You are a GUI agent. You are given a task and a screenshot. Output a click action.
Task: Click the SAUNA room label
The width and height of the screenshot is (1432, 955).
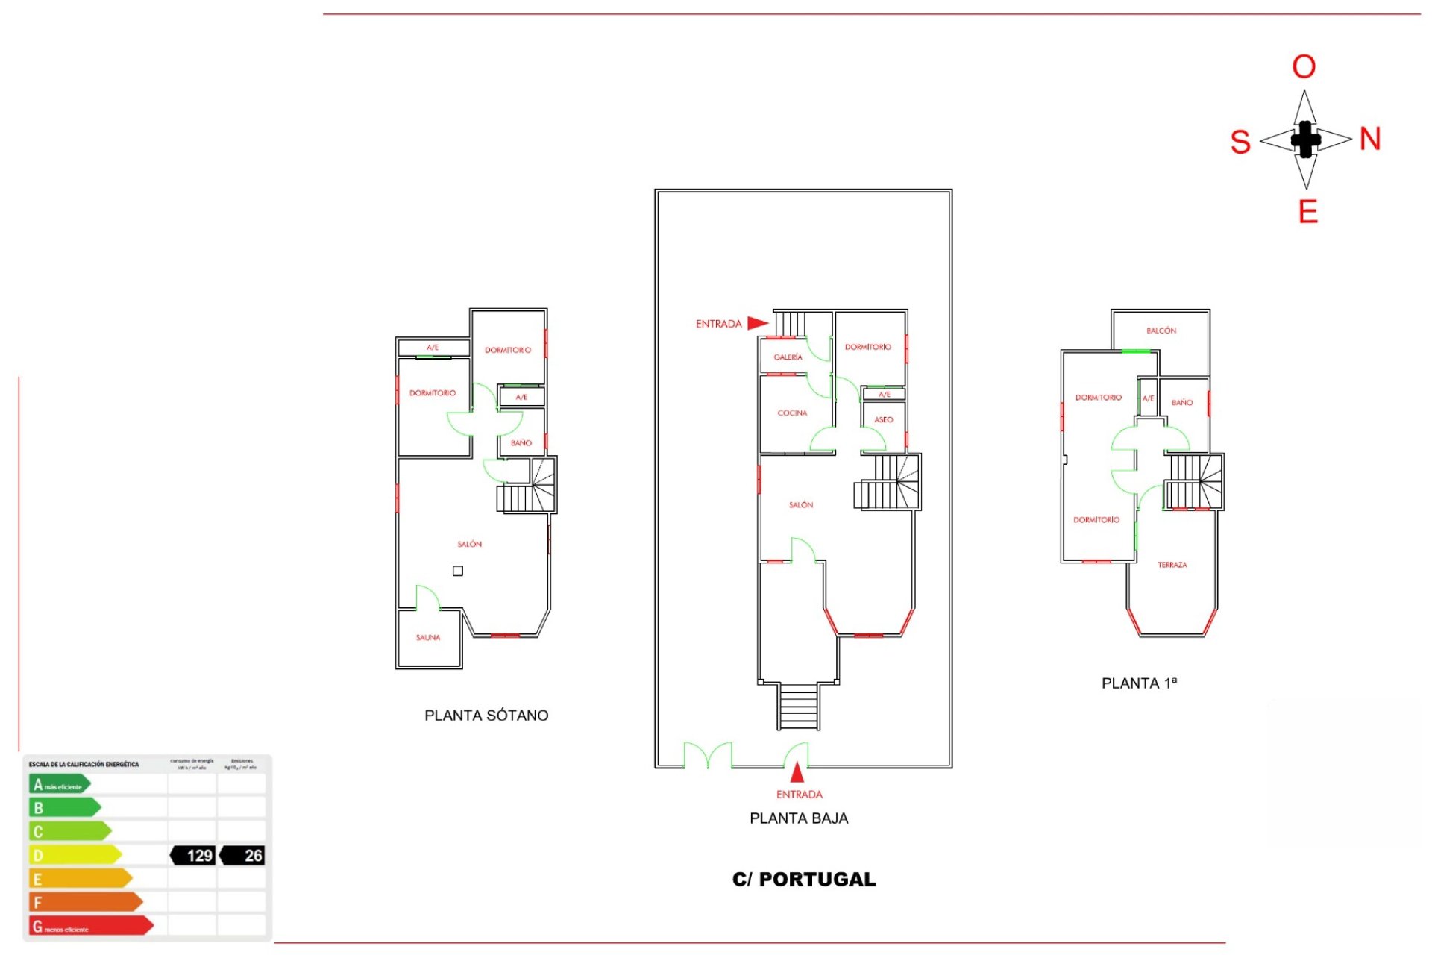point(428,638)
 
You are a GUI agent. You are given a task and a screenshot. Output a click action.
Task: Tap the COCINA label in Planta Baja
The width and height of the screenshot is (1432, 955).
point(792,413)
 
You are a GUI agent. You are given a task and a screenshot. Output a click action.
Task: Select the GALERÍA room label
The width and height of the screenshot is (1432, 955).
point(788,357)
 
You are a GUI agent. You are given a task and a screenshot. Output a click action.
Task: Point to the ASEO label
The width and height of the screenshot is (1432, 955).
point(884,420)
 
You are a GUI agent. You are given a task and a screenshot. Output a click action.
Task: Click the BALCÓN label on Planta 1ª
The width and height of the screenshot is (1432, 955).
point(1161,331)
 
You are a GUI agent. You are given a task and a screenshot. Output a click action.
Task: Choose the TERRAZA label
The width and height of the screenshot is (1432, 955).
point(1172,566)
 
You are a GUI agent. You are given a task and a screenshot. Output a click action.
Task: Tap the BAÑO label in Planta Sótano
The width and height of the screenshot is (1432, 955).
point(521,443)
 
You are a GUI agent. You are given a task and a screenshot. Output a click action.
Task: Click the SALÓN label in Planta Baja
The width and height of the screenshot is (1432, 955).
point(801,505)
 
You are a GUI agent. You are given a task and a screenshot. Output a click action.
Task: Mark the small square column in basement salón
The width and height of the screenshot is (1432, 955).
point(458,571)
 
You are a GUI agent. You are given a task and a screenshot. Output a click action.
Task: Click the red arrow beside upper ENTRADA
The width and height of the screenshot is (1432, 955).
point(757,323)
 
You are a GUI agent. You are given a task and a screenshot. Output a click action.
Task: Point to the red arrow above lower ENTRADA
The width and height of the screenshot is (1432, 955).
point(797,771)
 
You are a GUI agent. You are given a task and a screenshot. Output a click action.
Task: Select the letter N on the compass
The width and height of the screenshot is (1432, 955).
point(1370,140)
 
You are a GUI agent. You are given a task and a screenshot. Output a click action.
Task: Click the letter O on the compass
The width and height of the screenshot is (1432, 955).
point(1304,67)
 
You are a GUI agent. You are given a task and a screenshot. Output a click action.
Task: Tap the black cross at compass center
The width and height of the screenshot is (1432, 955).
point(1305,140)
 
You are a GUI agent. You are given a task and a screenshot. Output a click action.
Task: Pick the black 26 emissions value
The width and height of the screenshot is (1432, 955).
point(244,856)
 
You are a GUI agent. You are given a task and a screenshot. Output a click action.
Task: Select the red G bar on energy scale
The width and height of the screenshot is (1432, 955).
point(89,926)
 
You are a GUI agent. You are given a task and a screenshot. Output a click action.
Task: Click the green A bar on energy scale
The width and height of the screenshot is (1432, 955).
point(60,784)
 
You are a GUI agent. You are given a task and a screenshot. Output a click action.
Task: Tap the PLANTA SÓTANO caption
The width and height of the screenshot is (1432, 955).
point(486,716)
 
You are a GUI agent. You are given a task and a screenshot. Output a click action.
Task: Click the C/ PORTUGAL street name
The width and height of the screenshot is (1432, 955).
point(804,880)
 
